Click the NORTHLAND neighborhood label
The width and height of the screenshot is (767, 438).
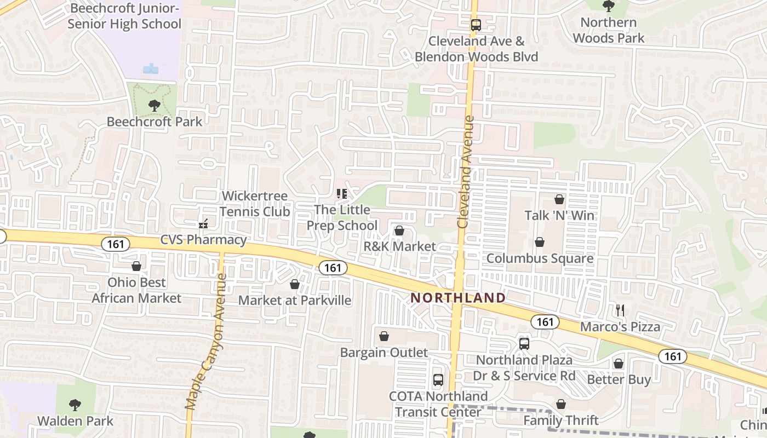tap(459, 298)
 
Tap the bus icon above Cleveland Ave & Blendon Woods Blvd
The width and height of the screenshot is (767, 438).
tap(476, 25)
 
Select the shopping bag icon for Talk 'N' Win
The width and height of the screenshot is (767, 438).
tap(559, 199)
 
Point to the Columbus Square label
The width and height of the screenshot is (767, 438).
tap(540, 258)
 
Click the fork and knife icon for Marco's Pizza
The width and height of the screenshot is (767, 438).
tap(620, 310)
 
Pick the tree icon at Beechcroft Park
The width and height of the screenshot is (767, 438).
tap(154, 106)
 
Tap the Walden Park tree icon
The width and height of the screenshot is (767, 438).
tap(75, 405)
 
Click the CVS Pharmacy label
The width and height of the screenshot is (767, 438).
tap(203, 240)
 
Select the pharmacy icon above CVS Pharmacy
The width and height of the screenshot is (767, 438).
tap(203, 223)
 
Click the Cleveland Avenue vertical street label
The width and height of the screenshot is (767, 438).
tap(465, 172)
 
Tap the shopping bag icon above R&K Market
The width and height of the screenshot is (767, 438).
tap(399, 230)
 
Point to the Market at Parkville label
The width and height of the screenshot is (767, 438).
tap(295, 301)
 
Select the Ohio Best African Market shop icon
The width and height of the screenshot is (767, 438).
tap(136, 267)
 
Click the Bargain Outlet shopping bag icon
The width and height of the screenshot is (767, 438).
tap(384, 336)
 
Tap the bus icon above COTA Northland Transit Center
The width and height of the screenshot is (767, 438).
tap(438, 379)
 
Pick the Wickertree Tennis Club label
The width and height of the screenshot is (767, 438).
tap(255, 204)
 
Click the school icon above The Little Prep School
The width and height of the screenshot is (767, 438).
tap(342, 194)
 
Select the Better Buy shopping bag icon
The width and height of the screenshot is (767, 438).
tap(619, 363)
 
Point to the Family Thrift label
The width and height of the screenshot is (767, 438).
tap(560, 420)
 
